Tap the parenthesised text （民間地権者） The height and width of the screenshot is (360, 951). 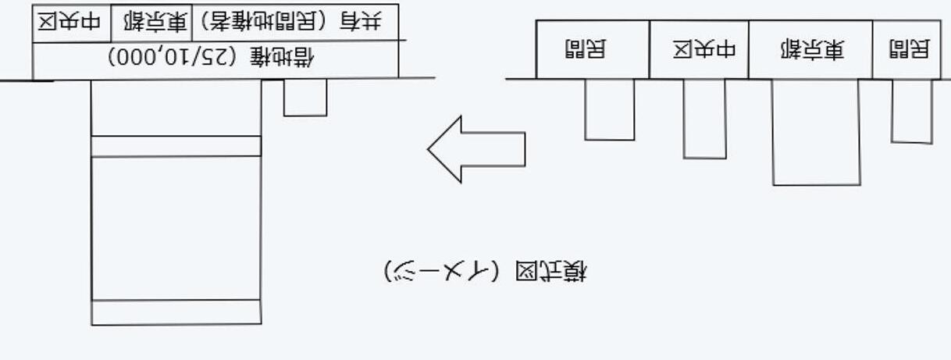click(x=266, y=23)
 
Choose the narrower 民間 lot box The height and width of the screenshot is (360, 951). click(x=906, y=50)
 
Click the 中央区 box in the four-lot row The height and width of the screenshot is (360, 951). click(x=699, y=50)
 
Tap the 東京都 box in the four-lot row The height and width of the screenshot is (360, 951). click(x=810, y=50)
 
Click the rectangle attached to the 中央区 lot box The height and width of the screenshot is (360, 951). click(x=704, y=118)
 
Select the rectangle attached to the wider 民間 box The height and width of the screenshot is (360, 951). click(x=610, y=109)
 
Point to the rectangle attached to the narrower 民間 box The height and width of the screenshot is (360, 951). click(x=912, y=111)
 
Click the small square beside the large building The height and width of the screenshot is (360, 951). click(x=305, y=97)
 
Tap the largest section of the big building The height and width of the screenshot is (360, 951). click(x=176, y=227)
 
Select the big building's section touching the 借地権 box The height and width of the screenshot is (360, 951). click(x=176, y=108)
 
